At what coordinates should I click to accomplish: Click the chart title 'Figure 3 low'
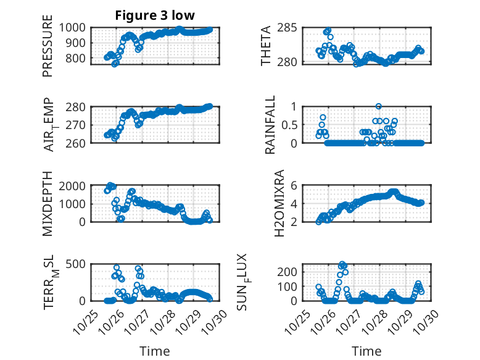pos(155,15)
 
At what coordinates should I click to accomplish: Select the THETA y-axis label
pos(266,46)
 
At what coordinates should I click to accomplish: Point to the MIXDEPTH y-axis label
pos(48,203)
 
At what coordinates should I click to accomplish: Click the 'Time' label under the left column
pos(155,351)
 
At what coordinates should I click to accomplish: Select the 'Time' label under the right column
pos(367,351)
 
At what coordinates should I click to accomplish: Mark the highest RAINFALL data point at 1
pos(378,106)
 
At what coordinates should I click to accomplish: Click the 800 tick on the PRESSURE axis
pos(80,59)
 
